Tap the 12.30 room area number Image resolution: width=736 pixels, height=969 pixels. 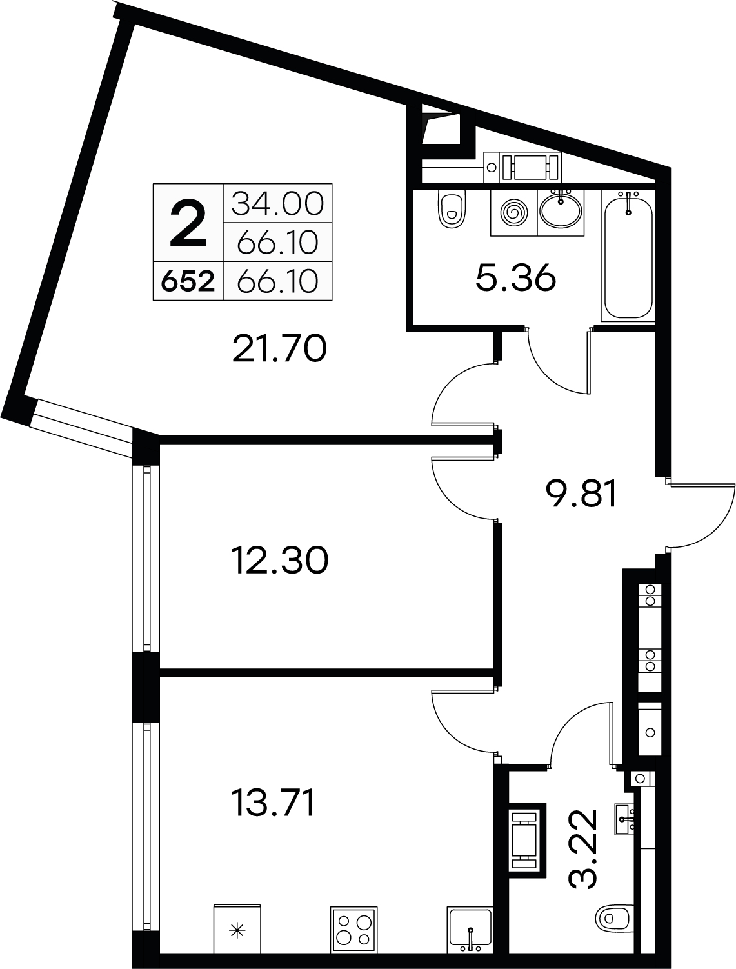[x=279, y=560]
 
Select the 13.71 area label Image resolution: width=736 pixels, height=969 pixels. [x=272, y=803]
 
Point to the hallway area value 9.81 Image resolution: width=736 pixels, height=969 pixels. [x=581, y=494]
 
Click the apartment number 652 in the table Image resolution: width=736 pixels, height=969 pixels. [x=188, y=281]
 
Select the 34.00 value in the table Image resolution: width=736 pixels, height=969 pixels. [x=277, y=203]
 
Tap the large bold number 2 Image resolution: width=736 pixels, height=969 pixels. [x=188, y=223]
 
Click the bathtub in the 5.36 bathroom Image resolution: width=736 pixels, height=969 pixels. [x=628, y=255]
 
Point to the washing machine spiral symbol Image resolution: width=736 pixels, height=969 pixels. [x=513, y=213]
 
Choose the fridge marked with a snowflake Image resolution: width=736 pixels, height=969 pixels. [x=237, y=928]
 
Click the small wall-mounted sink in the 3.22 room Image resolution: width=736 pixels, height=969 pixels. [x=625, y=819]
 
